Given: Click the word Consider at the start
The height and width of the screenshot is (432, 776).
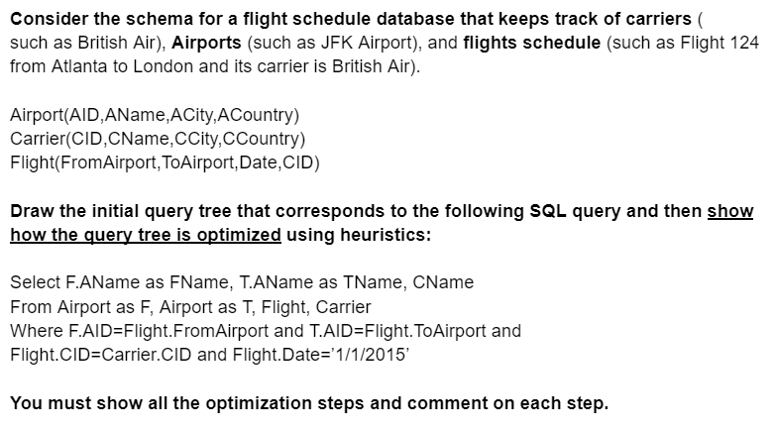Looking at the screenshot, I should pos(48,20).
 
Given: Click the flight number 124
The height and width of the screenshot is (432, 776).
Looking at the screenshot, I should pos(747,44).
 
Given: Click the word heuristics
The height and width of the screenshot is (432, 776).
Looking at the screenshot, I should pos(383,235).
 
